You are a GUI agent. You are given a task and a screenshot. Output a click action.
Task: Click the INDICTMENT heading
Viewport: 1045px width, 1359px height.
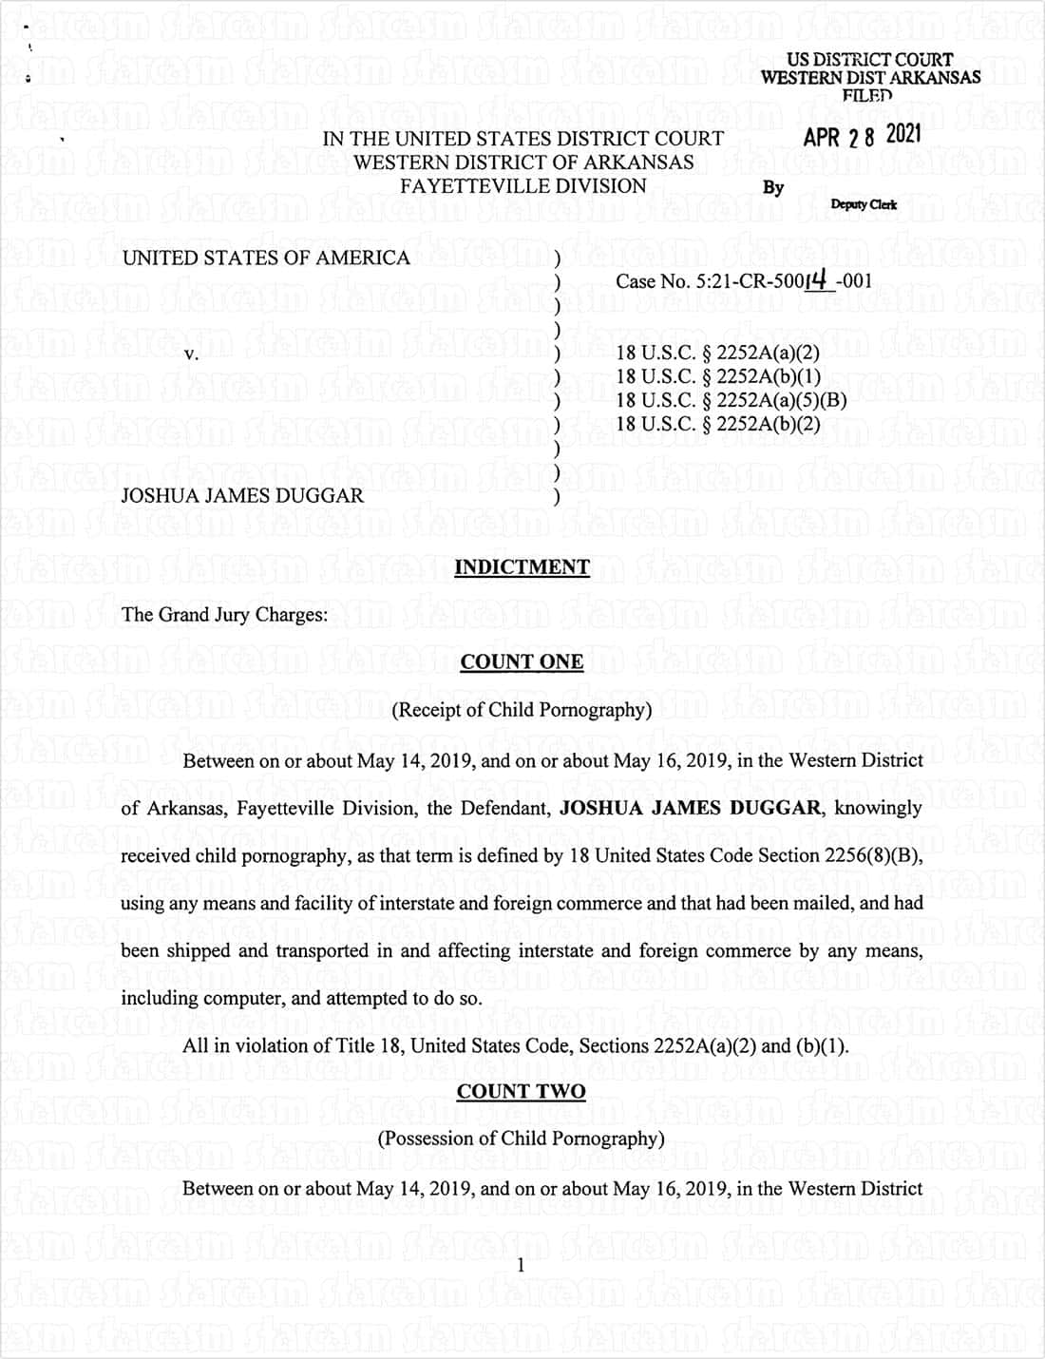click(x=522, y=567)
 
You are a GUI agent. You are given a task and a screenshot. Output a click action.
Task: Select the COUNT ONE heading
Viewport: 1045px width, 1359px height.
click(x=522, y=661)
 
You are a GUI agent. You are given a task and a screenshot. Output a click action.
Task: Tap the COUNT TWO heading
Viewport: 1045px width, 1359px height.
click(x=521, y=1091)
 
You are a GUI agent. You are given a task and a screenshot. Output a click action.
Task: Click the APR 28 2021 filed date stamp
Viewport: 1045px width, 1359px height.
click(x=862, y=136)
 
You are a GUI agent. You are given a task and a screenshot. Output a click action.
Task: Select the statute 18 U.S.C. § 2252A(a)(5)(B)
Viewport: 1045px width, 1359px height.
click(x=731, y=399)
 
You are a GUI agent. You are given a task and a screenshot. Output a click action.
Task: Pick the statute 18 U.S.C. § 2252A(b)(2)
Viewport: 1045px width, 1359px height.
click(x=717, y=423)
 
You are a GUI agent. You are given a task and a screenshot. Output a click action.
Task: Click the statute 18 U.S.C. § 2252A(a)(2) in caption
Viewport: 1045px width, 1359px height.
click(x=717, y=352)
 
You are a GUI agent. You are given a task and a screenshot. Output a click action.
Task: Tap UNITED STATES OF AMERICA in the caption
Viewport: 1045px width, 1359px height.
click(x=266, y=258)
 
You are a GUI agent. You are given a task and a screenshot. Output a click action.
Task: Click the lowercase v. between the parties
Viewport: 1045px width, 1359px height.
click(x=191, y=354)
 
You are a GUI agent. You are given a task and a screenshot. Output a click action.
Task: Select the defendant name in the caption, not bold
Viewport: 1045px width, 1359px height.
click(x=242, y=495)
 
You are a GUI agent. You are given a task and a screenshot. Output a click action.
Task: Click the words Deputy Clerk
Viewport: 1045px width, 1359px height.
click(x=864, y=204)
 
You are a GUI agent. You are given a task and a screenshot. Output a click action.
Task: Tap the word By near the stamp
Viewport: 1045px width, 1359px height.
click(x=773, y=187)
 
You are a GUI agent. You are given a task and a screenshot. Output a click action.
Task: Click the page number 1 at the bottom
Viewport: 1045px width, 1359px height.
click(x=520, y=1264)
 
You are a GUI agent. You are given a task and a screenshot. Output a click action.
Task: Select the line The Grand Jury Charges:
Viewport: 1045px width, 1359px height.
click(x=224, y=615)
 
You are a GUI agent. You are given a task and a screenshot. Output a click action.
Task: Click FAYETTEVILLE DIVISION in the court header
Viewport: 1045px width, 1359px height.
click(x=522, y=186)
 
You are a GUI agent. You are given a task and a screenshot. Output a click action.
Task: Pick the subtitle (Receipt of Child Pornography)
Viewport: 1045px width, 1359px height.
click(x=522, y=710)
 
